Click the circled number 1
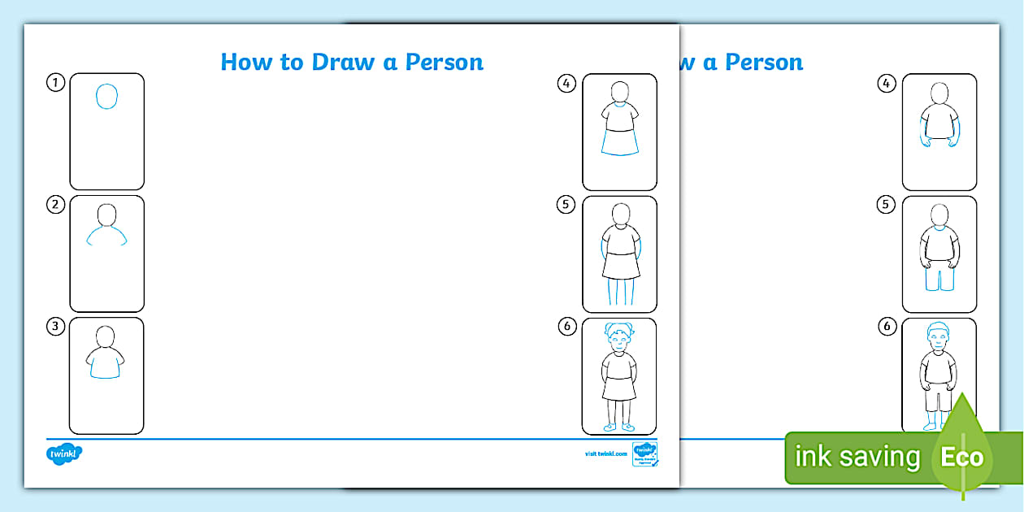(x=55, y=82)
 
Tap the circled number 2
(x=55, y=204)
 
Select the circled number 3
(x=55, y=326)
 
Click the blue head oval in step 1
(x=106, y=97)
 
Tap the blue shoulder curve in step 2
(x=106, y=235)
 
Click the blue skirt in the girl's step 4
(x=619, y=143)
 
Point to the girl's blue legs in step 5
(x=619, y=291)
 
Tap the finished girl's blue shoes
(x=619, y=427)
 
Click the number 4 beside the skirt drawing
(x=566, y=83)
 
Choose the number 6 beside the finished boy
(x=887, y=326)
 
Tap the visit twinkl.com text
(x=605, y=453)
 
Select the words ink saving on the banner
(x=857, y=457)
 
